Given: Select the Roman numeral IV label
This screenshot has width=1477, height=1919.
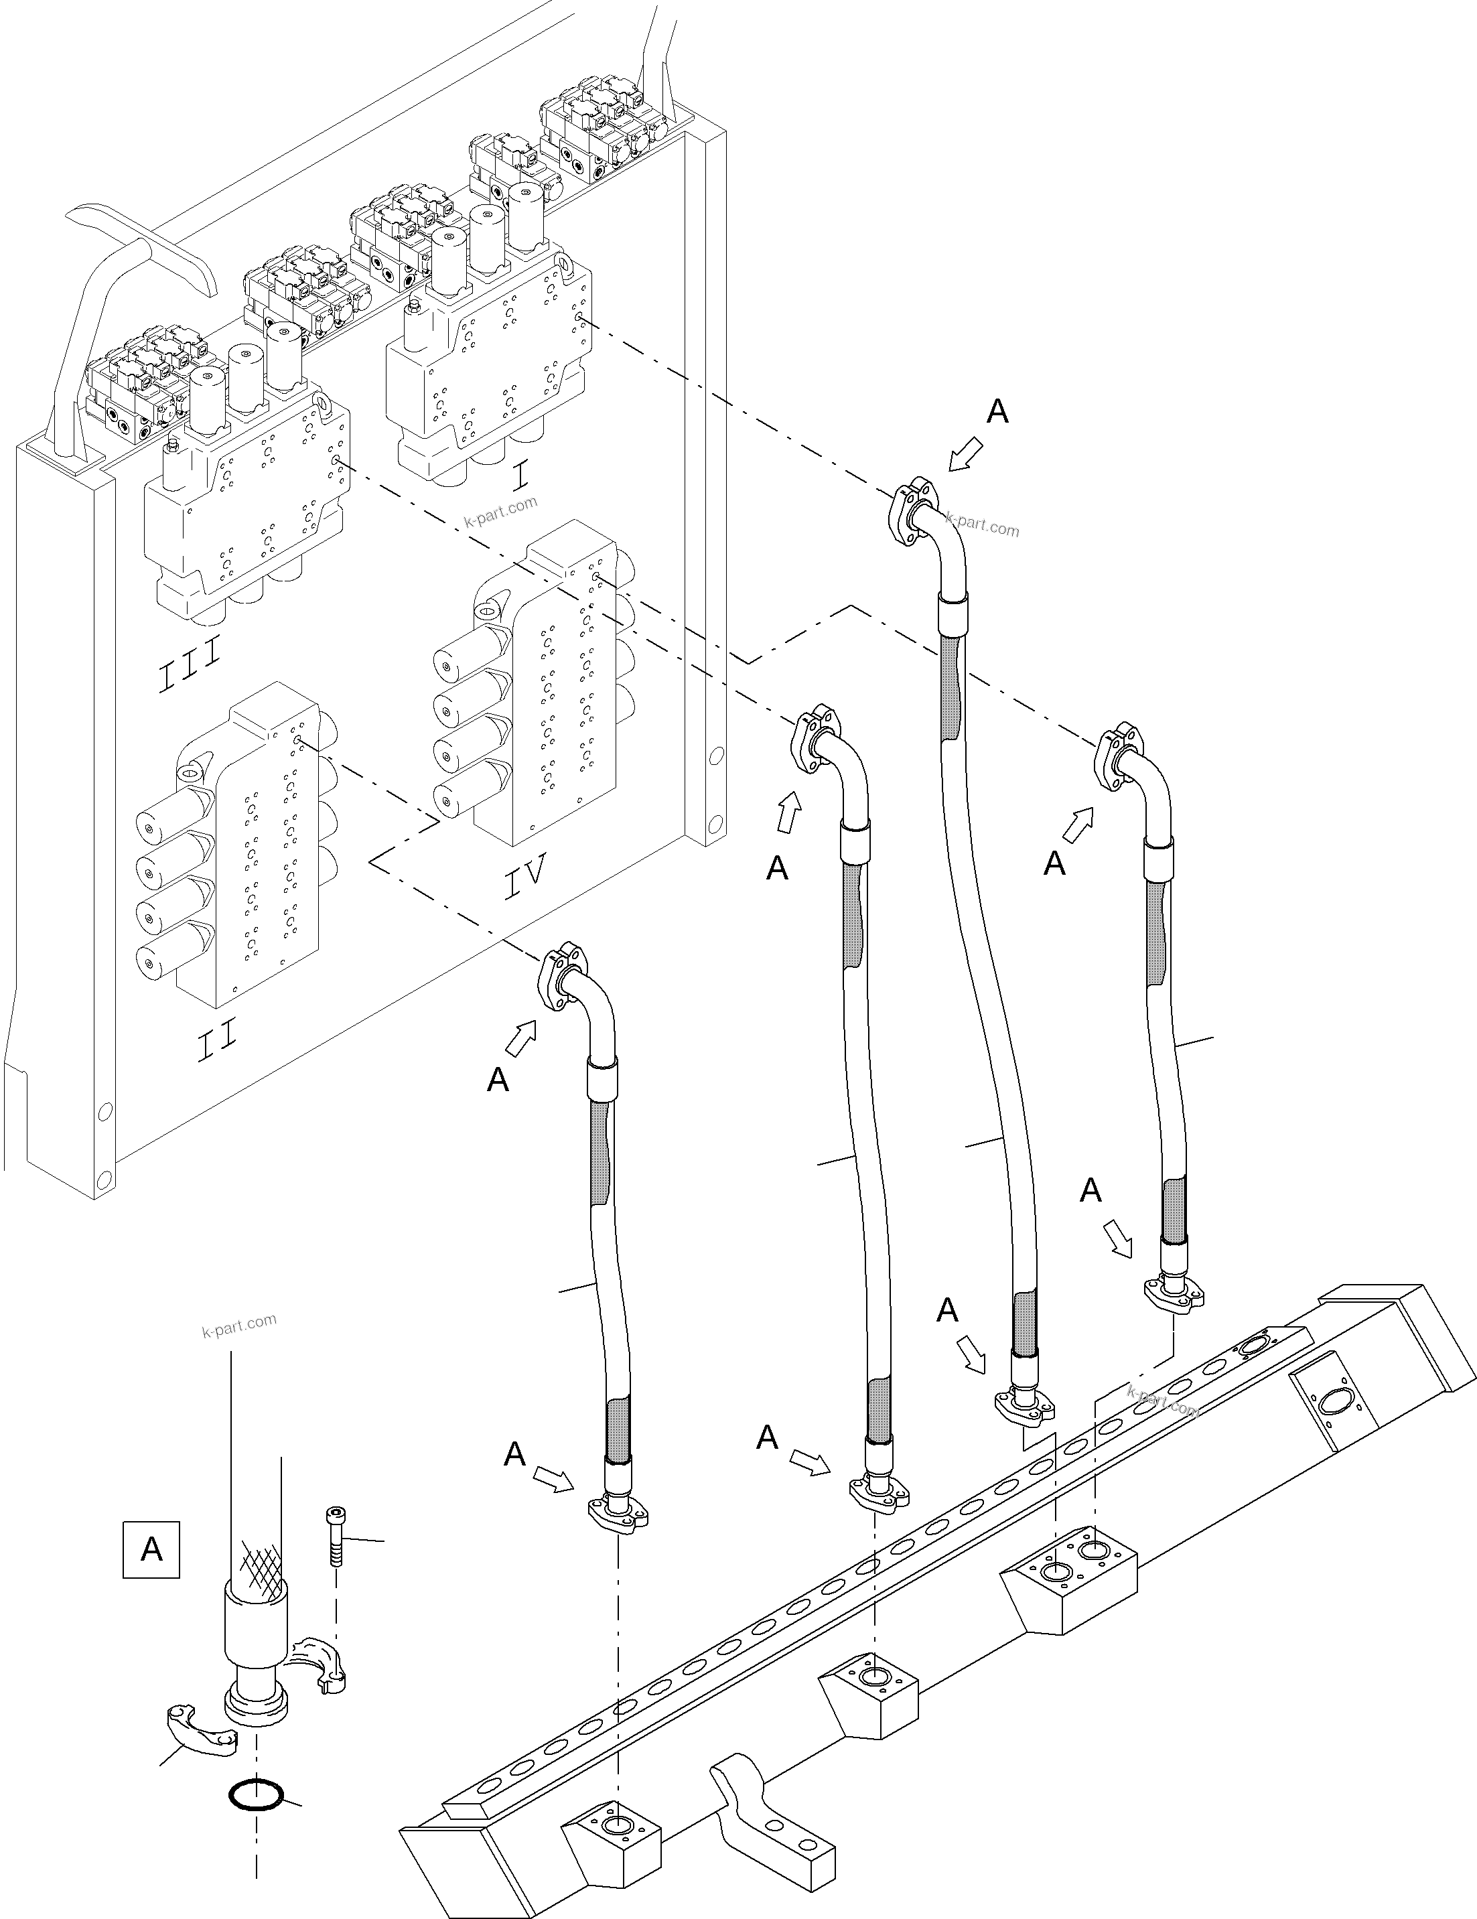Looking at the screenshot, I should pyautogui.click(x=525, y=876).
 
